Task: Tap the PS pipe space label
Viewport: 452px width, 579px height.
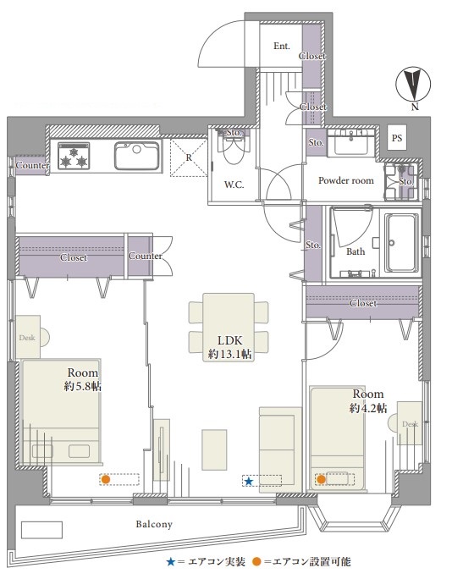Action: pyautogui.click(x=397, y=138)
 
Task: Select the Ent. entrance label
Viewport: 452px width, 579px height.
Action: pyautogui.click(x=281, y=47)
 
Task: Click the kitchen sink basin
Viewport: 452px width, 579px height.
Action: pyautogui.click(x=136, y=156)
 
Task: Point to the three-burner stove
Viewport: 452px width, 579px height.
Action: pyautogui.click(x=74, y=156)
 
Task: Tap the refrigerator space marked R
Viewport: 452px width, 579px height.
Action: pyautogui.click(x=188, y=157)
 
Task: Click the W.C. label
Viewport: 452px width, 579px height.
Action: pyautogui.click(x=234, y=185)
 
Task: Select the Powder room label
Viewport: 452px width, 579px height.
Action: pyautogui.click(x=346, y=180)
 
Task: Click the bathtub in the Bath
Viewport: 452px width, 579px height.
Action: pyautogui.click(x=401, y=242)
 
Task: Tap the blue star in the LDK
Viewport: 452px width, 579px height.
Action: pyautogui.click(x=249, y=482)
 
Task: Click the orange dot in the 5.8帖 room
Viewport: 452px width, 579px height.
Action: pyautogui.click(x=106, y=479)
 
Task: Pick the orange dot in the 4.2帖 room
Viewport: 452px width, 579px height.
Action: pyautogui.click(x=322, y=479)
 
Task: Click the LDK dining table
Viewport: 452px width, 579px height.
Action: pyautogui.click(x=229, y=327)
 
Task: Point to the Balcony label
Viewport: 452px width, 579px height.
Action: pyautogui.click(x=154, y=524)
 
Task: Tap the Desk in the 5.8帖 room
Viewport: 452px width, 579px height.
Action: pyautogui.click(x=28, y=336)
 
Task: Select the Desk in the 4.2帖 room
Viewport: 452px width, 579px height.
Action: pyautogui.click(x=409, y=423)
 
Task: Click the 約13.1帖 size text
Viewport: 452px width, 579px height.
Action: pyautogui.click(x=230, y=355)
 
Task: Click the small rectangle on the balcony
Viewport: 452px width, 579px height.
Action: pyautogui.click(x=41, y=530)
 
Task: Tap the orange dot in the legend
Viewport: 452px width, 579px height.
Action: pyautogui.click(x=256, y=562)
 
